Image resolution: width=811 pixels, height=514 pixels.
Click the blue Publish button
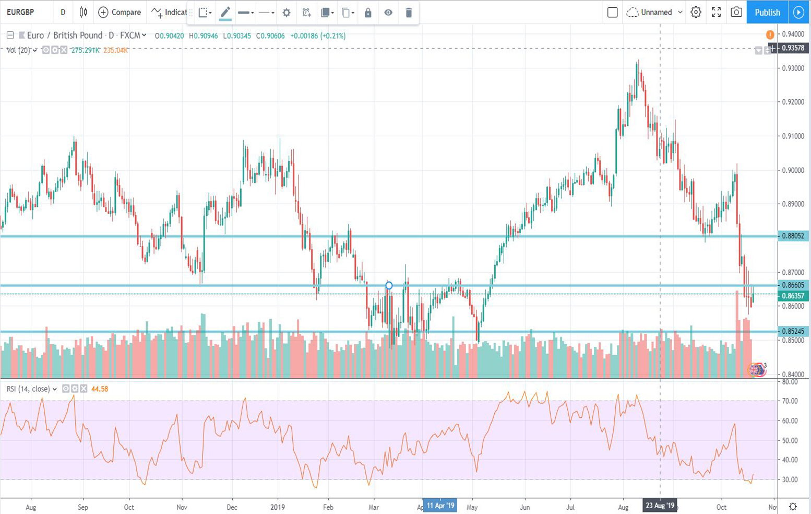point(767,12)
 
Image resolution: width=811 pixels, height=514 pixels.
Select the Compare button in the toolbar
point(120,12)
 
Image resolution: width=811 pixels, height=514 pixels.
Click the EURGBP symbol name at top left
point(20,12)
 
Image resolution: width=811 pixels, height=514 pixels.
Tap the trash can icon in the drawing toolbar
point(409,13)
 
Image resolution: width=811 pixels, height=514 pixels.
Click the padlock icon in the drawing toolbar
point(368,13)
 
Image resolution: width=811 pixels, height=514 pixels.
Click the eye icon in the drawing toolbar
point(388,13)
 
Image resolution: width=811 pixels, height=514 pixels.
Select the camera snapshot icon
point(736,12)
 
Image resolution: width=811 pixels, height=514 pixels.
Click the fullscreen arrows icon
point(716,12)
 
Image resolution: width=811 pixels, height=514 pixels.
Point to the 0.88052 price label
point(792,236)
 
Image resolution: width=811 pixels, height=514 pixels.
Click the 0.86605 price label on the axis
point(792,285)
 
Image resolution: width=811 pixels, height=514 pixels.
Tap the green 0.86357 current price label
point(792,296)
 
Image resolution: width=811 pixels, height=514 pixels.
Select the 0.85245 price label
point(792,331)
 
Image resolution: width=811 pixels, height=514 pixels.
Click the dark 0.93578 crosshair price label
point(792,48)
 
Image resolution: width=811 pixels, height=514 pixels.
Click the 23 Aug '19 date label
point(660,506)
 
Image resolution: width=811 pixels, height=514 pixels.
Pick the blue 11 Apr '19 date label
point(440,506)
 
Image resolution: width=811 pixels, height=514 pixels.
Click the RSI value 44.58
point(99,389)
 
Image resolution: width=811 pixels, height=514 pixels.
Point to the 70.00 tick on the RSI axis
point(790,401)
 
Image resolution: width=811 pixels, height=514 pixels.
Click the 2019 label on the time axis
point(278,507)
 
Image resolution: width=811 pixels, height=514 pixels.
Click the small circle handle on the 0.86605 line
point(389,285)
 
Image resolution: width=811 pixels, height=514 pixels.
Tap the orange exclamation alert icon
point(770,35)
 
